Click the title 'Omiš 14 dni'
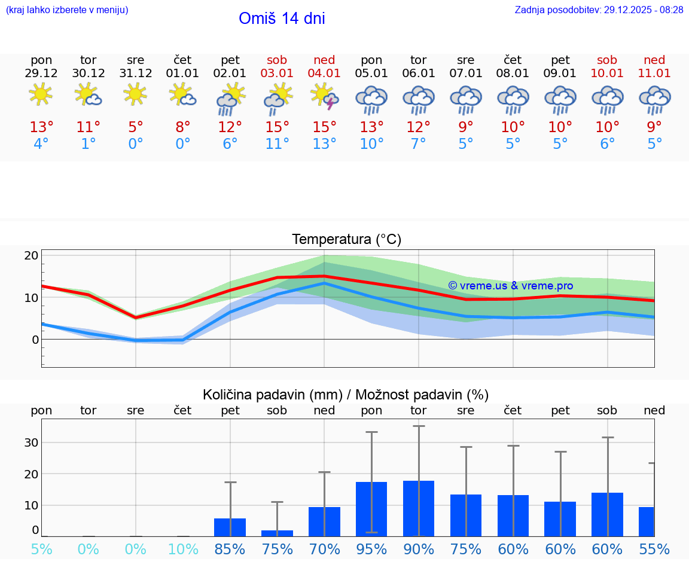coord(282,19)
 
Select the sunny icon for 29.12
coord(41,94)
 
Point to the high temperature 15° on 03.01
coord(277,127)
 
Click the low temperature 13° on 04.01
coord(324,144)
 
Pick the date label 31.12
coord(136,74)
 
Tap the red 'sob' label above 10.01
coord(607,60)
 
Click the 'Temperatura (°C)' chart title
coord(346,240)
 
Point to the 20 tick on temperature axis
coord(31,255)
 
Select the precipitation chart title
coord(346,395)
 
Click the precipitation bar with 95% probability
coord(371,508)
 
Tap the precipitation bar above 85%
coord(230,527)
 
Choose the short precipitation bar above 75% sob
coord(277,533)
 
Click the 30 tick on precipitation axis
coord(31,442)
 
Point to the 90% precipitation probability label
coord(419,549)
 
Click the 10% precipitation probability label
coord(183,549)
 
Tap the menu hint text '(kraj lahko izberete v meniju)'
coord(67,10)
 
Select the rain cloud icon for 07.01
coord(466,100)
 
